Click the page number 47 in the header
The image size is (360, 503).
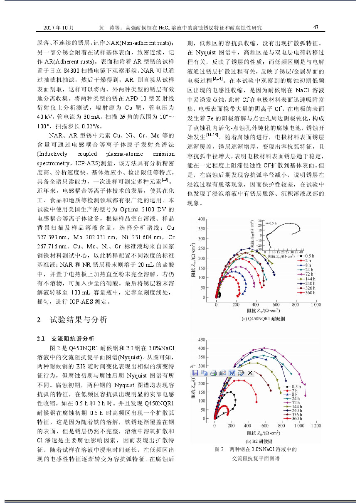coord(316,28)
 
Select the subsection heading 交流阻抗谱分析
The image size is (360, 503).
coord(72,338)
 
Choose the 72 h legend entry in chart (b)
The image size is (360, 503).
coord(296,402)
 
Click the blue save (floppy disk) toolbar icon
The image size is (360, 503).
coord(195,373)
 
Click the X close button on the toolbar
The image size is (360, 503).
coord(250,373)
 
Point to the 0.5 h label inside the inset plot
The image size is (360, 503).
coord(273,223)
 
